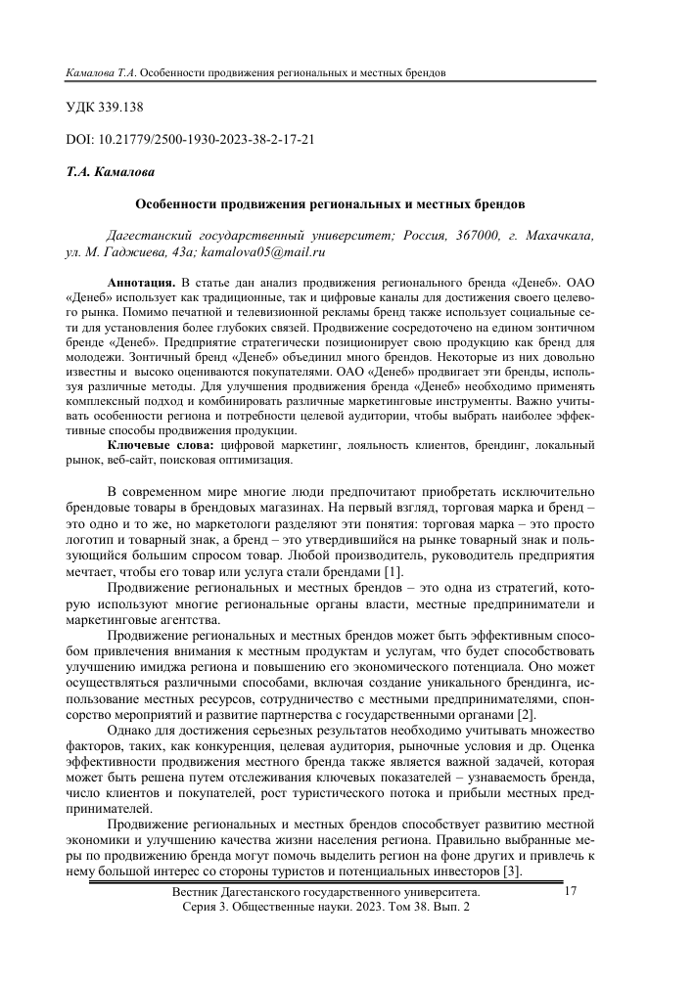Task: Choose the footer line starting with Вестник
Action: tap(325, 893)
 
